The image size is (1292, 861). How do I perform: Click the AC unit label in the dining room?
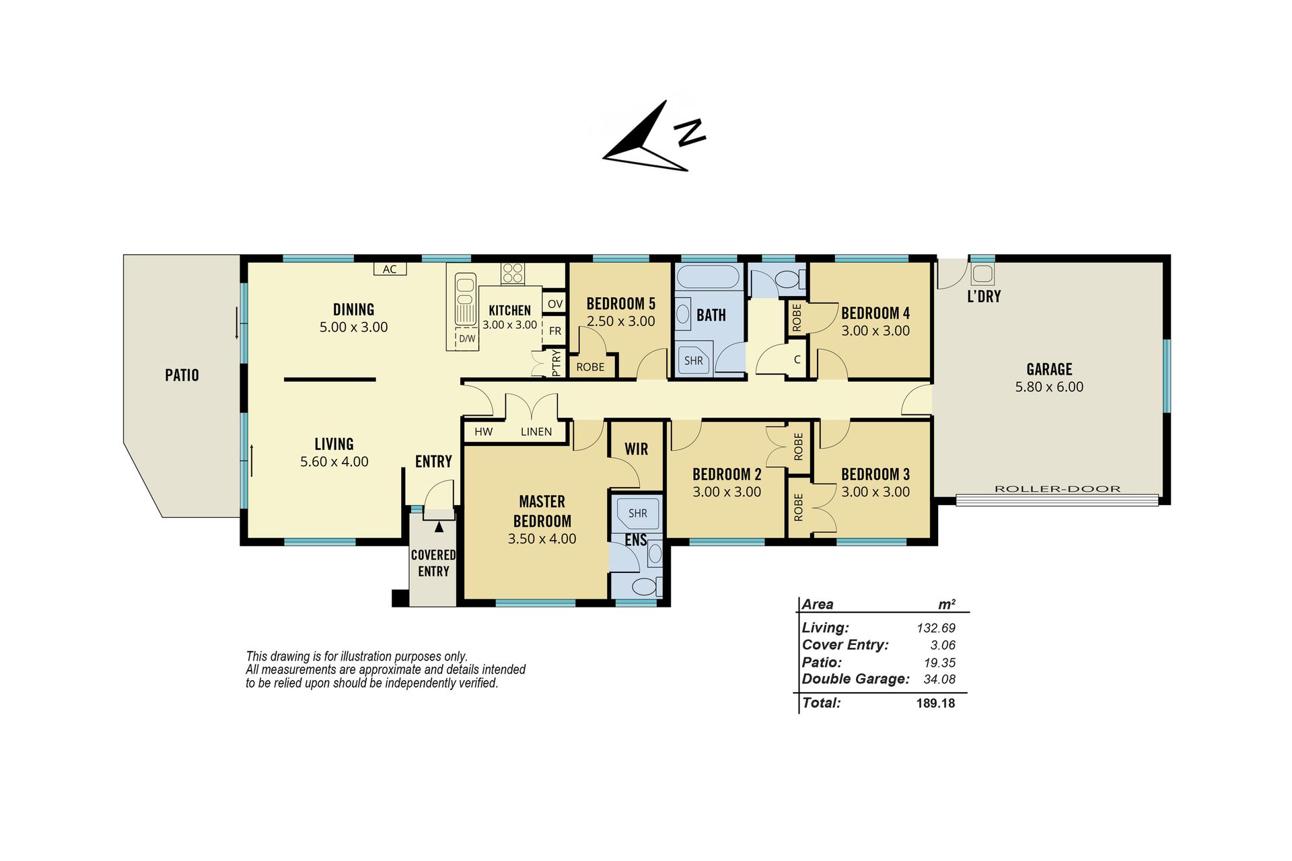pos(390,269)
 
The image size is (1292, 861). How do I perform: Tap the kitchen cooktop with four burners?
pos(512,273)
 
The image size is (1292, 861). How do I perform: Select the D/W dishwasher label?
pos(467,338)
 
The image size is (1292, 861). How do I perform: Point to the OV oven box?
pos(554,304)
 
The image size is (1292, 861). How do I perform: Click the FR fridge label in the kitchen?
pos(554,331)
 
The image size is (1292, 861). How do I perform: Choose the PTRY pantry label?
pos(556,363)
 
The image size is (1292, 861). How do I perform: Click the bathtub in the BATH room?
pos(708,276)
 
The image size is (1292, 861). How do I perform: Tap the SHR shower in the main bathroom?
pos(693,361)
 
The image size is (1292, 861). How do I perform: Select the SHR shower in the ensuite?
pos(637,513)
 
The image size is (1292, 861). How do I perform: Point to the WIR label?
pos(636,449)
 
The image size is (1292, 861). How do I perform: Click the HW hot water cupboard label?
pos(483,432)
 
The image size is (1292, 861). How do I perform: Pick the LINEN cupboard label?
pos(536,432)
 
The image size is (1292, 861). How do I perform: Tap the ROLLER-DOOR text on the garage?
pos(1057,489)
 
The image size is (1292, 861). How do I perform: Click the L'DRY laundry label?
pos(984,296)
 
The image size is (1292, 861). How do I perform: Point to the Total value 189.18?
pos(935,703)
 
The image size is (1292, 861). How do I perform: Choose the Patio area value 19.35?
pos(939,663)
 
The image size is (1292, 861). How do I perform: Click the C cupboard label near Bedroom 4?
pos(797,359)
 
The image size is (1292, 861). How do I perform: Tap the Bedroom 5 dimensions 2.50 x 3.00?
pos(620,322)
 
